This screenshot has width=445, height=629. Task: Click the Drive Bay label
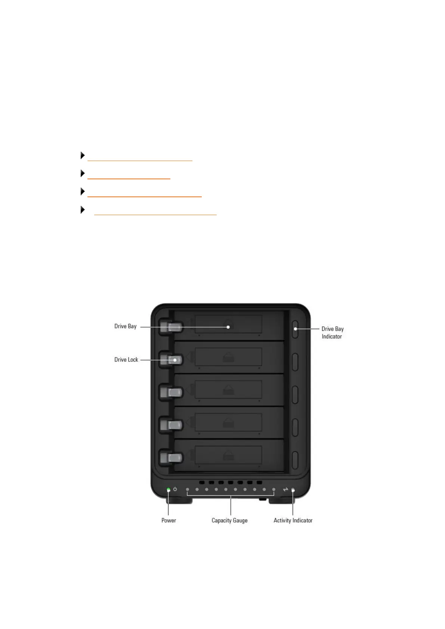pos(125,326)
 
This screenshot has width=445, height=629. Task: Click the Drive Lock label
pos(126,360)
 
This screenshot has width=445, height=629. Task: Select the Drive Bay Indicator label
pos(332,332)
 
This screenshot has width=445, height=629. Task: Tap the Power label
pos(169,520)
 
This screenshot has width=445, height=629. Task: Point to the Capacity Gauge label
pos(229,520)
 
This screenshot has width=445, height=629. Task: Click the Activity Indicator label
pos(293,520)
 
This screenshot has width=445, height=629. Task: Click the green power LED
pos(169,489)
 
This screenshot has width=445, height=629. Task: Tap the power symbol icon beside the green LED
pos(175,489)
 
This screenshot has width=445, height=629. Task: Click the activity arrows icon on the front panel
pos(285,489)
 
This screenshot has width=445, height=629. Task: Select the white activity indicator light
pos(293,490)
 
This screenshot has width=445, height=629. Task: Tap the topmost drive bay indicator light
pos(295,329)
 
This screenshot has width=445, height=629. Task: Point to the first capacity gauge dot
pos(188,489)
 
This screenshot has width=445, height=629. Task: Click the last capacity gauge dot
pos(274,489)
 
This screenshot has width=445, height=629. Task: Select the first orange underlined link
pos(140,160)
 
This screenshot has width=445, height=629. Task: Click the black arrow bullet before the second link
pos(83,173)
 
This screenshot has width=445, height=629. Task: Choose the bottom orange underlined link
pos(155,214)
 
